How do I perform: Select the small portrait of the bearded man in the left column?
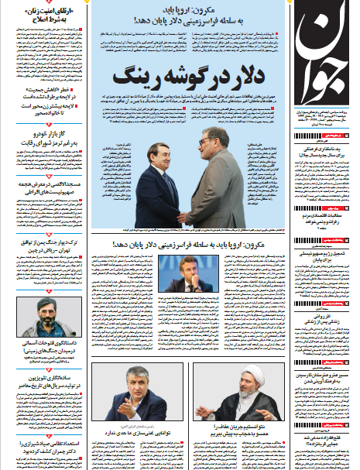click(46, 317)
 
